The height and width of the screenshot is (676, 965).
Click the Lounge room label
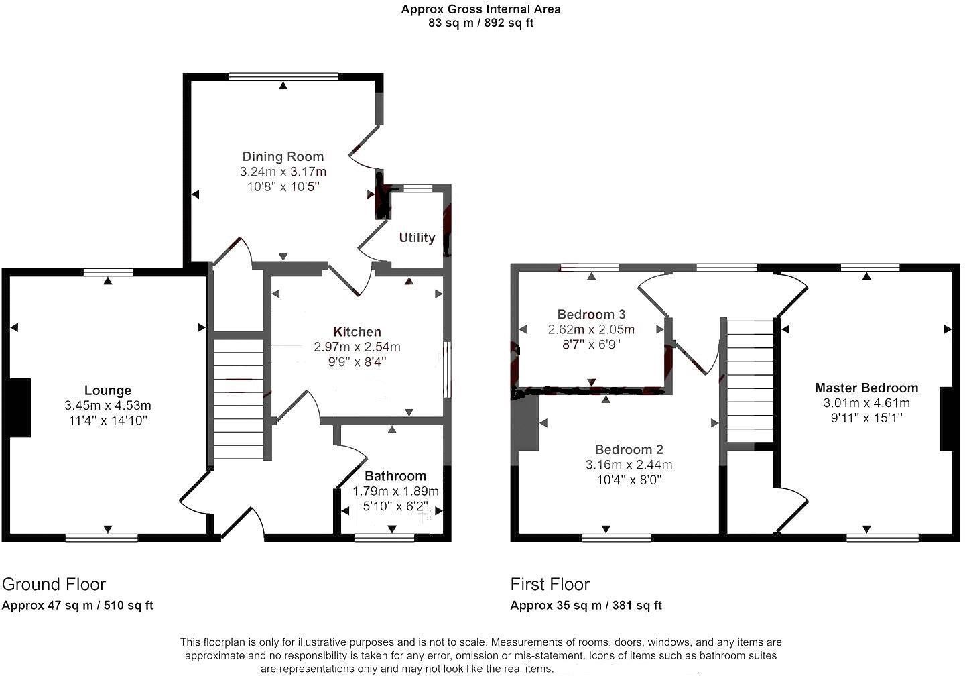tap(108, 390)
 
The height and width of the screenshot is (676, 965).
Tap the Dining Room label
tap(283, 156)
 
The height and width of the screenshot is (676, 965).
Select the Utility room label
tap(417, 237)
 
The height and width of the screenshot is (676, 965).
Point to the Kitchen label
tap(357, 331)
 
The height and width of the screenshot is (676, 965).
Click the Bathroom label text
tap(395, 475)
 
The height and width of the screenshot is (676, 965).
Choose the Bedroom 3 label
tap(591, 314)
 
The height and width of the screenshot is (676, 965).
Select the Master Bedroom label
tap(866, 388)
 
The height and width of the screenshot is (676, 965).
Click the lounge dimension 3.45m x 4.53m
tap(108, 406)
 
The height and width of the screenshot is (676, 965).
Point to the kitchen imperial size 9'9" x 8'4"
tap(357, 362)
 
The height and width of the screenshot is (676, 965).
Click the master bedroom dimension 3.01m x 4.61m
tap(866, 403)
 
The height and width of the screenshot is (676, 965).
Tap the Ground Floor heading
tap(54, 584)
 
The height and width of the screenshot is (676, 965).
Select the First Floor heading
tap(550, 584)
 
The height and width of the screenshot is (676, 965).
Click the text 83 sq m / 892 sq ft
tap(480, 23)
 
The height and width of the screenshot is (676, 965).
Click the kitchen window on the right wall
tap(446, 370)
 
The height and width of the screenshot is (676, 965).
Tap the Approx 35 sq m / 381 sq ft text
tap(586, 605)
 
